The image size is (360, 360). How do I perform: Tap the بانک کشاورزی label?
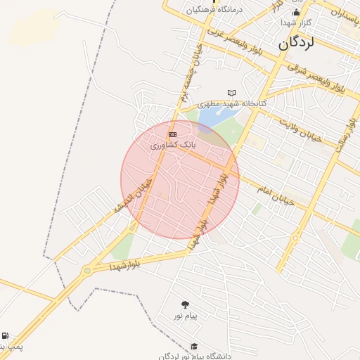pyautogui.click(x=172, y=145)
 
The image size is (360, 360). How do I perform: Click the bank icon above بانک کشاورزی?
pyautogui.click(x=172, y=134)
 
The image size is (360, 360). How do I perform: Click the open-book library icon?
pyautogui.click(x=232, y=93)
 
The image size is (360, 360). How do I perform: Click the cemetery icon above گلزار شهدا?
pyautogui.click(x=296, y=11)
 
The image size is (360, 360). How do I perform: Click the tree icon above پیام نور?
pyautogui.click(x=185, y=304)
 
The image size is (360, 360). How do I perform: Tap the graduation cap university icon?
pyautogui.click(x=194, y=346)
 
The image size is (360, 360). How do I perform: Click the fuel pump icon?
pyautogui.click(x=6, y=336)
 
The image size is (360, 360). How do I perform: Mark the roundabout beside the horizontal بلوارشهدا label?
pyautogui.click(x=86, y=271)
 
